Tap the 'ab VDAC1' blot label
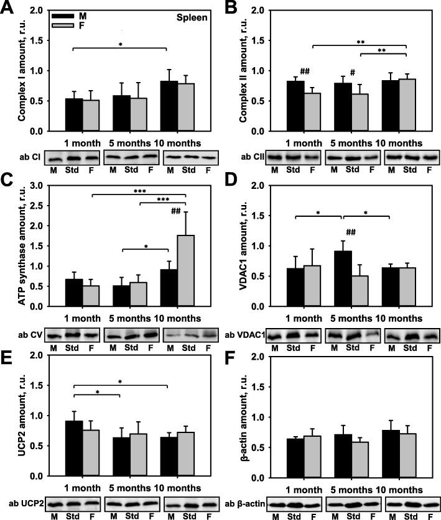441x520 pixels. click(244, 335)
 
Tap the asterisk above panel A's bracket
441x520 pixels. click(120, 45)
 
